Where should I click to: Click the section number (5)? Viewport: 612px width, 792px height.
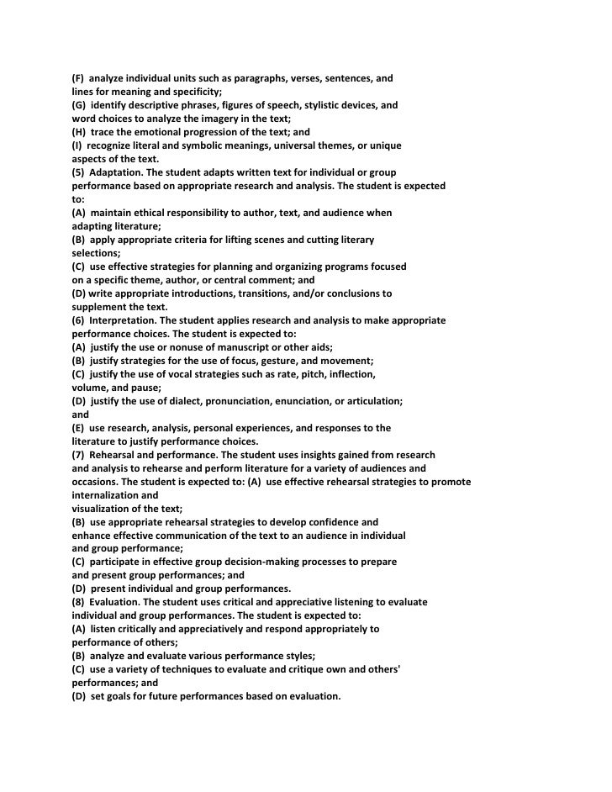click(x=78, y=172)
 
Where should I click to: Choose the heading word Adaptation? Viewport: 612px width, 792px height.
click(x=119, y=172)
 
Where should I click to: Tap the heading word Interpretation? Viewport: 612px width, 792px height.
click(x=124, y=320)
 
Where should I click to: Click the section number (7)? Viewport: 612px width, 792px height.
click(x=78, y=455)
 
